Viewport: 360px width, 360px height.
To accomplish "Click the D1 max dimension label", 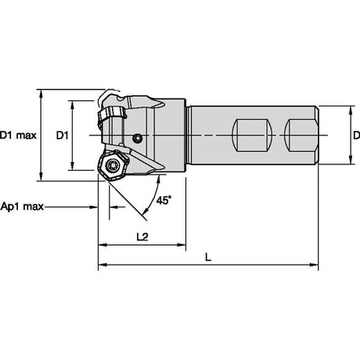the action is (x=18, y=135).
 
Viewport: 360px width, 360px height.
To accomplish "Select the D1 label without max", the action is (x=63, y=135).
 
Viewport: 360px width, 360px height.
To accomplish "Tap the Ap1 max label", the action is (x=22, y=207).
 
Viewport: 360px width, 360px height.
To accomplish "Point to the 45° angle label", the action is (x=164, y=200).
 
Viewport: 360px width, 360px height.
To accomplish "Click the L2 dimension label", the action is (x=142, y=236).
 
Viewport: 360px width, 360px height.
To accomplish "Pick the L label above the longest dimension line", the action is (x=208, y=257).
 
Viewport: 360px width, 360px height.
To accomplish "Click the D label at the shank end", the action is (x=357, y=135).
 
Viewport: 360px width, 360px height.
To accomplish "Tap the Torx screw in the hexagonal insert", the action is (x=112, y=165).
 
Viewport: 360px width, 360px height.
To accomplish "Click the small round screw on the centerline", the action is (x=137, y=139).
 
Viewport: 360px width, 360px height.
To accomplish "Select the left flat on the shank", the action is (x=252, y=135).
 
